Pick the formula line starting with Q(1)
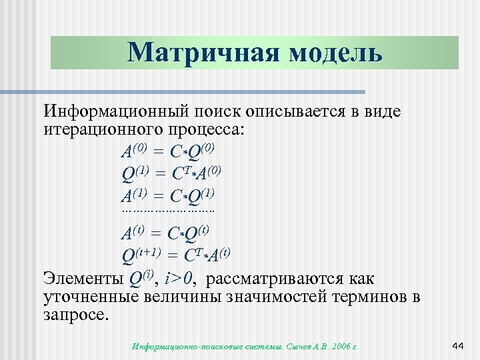pyautogui.click(x=171, y=174)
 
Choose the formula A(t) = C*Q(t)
pyautogui.click(x=165, y=234)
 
